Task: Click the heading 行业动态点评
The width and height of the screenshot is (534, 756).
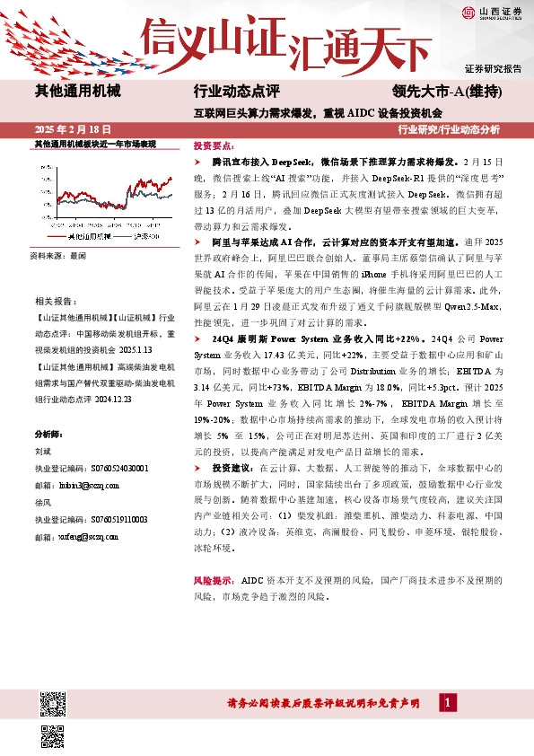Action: pyautogui.click(x=236, y=92)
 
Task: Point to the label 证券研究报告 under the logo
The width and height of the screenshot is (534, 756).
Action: pyautogui.click(x=493, y=69)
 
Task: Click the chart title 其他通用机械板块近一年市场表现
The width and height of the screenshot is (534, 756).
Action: pyautogui.click(x=95, y=144)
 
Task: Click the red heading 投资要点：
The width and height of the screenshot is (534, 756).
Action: pyautogui.click(x=214, y=144)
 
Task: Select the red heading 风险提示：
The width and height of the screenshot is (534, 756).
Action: pyautogui.click(x=214, y=580)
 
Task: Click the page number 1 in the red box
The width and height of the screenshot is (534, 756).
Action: pyautogui.click(x=446, y=702)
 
